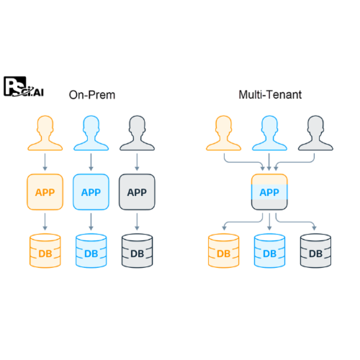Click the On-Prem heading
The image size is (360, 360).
[x=92, y=95]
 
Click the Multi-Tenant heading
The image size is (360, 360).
[x=270, y=95]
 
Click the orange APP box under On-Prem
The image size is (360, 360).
[x=45, y=192]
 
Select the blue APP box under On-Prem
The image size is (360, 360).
[x=91, y=192]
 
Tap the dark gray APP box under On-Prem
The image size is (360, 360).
[x=137, y=192]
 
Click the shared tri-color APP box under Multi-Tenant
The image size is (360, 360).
[x=269, y=192]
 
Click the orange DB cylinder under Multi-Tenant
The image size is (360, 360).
[x=224, y=250]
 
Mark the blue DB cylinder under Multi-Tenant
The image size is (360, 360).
[x=269, y=250]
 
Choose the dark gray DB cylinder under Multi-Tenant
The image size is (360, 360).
[x=315, y=250]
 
